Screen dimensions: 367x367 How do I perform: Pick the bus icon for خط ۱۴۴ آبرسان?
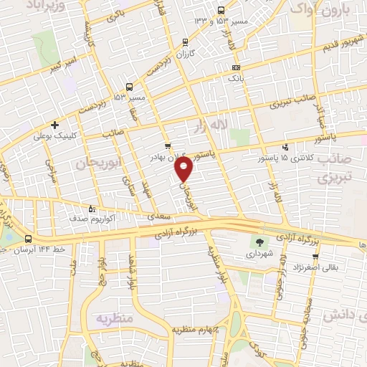pyautogui.click(x=29, y=239)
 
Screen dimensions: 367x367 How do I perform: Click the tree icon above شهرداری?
pyautogui.click(x=259, y=242)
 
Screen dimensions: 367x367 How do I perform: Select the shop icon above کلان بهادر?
pyautogui.click(x=167, y=146)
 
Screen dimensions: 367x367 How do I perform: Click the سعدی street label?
pyautogui.click(x=151, y=214)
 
